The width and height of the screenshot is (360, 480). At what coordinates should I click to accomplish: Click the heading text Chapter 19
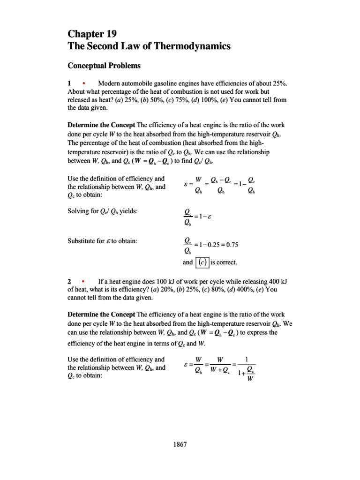(92, 34)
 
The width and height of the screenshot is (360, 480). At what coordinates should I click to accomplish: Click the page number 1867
(180, 444)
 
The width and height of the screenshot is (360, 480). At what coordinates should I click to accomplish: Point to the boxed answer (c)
(202, 262)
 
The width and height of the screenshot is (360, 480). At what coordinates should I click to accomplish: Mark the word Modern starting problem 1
(109, 83)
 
